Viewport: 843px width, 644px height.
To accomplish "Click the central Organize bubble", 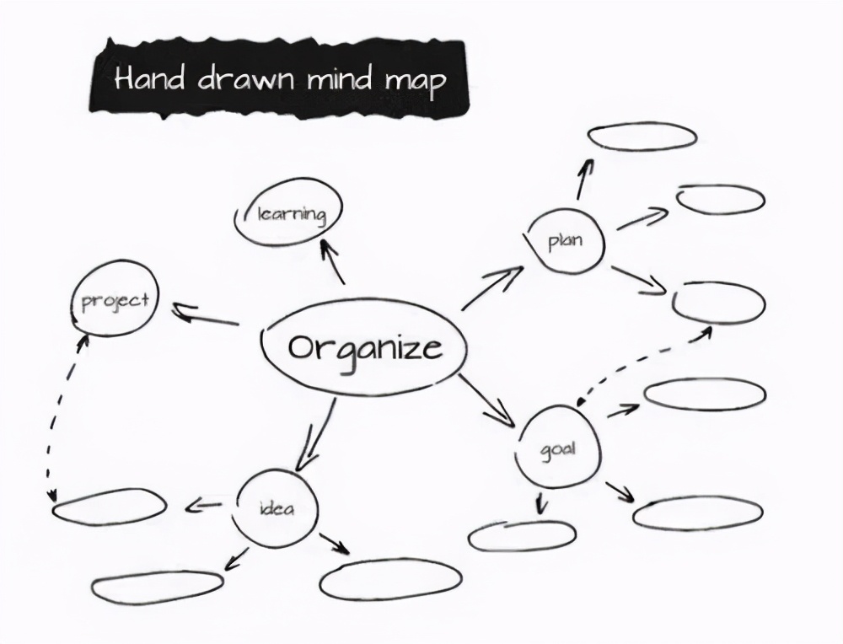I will pyautogui.click(x=364, y=347).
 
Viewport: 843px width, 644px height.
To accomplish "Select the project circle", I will pyautogui.click(x=115, y=299).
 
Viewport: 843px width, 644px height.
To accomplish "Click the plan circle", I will pyautogui.click(x=565, y=242).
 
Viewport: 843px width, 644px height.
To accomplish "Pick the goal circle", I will pyautogui.click(x=558, y=448).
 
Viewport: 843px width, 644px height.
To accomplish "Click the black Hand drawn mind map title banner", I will pyautogui.click(x=278, y=78).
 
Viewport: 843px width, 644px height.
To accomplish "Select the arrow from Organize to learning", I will pyautogui.click(x=332, y=261).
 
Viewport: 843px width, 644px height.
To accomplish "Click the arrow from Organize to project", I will pyautogui.click(x=206, y=317).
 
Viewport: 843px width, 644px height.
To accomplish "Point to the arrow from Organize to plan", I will pyautogui.click(x=492, y=288).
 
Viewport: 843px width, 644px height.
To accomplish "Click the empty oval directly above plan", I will pyautogui.click(x=642, y=136).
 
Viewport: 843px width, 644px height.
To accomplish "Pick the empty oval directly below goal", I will pyautogui.click(x=522, y=536).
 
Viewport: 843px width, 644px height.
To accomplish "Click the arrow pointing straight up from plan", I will pyautogui.click(x=584, y=177).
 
